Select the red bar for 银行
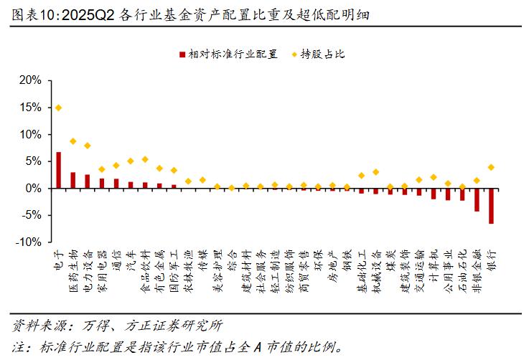click(x=491, y=206)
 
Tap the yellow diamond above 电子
click(x=59, y=108)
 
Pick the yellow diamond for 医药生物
click(x=73, y=141)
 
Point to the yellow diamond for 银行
click(x=491, y=167)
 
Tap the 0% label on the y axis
click(x=33, y=189)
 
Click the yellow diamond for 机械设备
click(x=375, y=172)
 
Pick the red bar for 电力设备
click(x=88, y=181)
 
